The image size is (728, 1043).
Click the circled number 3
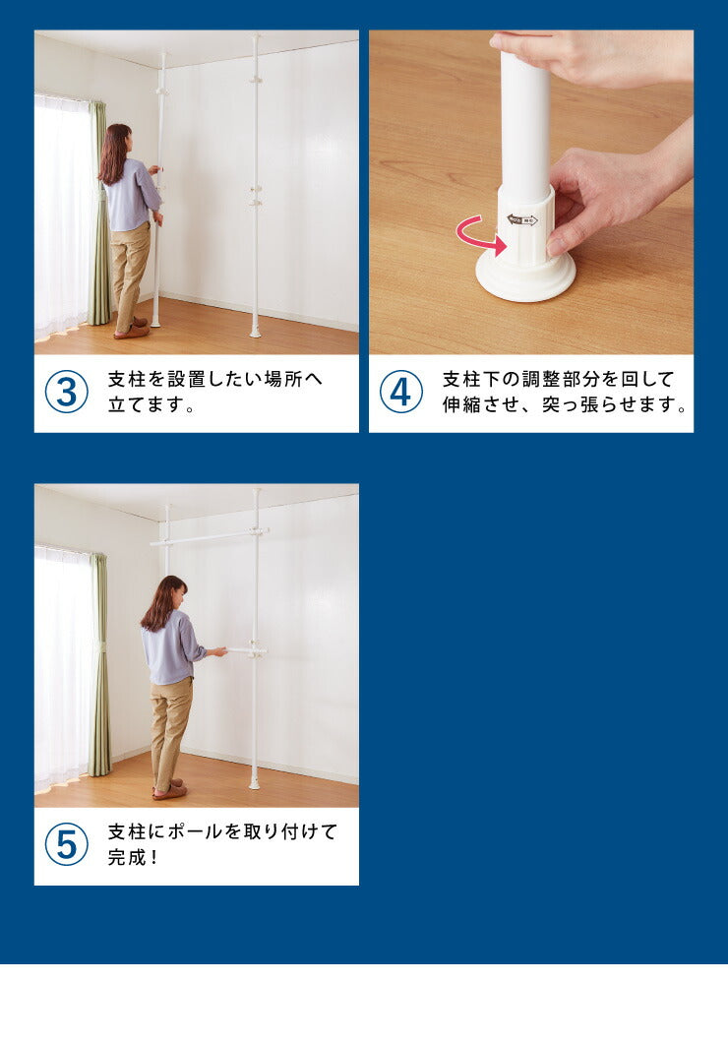pyautogui.click(x=67, y=392)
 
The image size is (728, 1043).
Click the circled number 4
pyautogui.click(x=401, y=392)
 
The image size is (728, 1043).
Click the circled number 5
pyautogui.click(x=67, y=844)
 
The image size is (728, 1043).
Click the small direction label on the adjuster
pyautogui.click(x=522, y=220)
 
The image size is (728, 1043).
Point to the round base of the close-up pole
pyautogui.click(x=525, y=278)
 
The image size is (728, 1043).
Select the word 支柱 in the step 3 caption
pyautogui.click(x=127, y=379)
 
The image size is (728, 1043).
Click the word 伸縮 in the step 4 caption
pyautogui.click(x=461, y=403)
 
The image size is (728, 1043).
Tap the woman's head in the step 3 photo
pyautogui.click(x=116, y=142)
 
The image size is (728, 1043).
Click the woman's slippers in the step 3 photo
pyautogui.click(x=131, y=329)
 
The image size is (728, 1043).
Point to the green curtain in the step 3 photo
pyautogui.click(x=99, y=213)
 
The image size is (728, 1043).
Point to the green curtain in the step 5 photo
pyautogui.click(x=99, y=665)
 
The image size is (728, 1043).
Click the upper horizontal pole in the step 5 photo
pyautogui.click(x=209, y=537)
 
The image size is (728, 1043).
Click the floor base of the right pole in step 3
pyautogui.click(x=255, y=332)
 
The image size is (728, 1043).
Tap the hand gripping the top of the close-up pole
pyautogui.click(x=591, y=56)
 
